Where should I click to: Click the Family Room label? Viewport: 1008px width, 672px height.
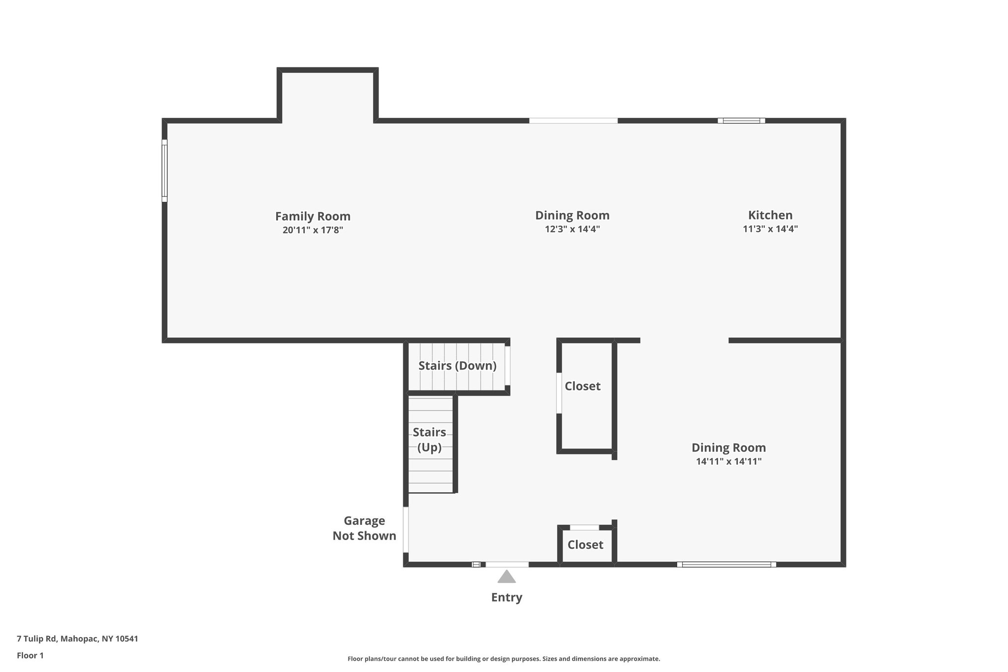(313, 216)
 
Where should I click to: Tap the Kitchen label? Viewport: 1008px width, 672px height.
(770, 215)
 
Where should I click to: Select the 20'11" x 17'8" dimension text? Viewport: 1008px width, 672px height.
(313, 230)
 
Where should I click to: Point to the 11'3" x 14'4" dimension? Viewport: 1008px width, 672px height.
(770, 229)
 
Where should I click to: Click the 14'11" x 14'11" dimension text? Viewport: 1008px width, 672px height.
(728, 461)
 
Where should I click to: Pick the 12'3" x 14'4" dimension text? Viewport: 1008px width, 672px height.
(572, 229)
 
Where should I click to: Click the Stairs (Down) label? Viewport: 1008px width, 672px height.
(457, 366)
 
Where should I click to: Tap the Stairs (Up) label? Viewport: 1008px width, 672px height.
(429, 440)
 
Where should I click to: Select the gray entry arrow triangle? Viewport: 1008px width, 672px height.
(506, 576)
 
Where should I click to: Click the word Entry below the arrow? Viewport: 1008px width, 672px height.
(506, 597)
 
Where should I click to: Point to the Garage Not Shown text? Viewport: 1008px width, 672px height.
(364, 528)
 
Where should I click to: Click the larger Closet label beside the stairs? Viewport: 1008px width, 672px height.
(582, 386)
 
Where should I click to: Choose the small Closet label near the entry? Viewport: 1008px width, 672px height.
(585, 544)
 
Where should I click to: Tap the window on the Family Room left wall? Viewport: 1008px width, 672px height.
(164, 170)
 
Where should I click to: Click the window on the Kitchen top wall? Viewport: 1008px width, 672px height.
(741, 121)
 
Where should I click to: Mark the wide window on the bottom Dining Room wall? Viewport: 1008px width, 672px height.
(726, 565)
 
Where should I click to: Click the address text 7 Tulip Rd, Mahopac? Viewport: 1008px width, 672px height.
(77, 639)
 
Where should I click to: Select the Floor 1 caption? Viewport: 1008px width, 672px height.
(30, 655)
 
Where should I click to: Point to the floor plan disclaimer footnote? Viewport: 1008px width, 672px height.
(504, 659)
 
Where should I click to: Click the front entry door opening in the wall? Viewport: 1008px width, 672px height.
(507, 565)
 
